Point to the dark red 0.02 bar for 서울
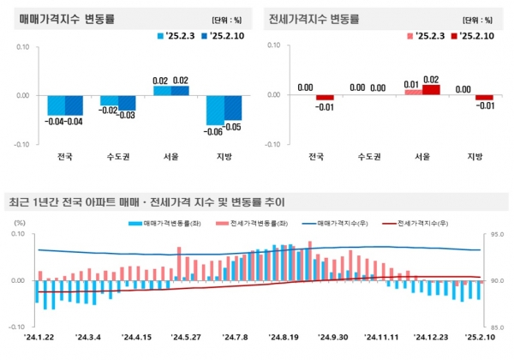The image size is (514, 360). (431, 89)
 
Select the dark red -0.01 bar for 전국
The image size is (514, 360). (325, 98)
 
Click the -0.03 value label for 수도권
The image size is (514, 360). (125, 116)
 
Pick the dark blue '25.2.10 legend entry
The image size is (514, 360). (227, 36)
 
